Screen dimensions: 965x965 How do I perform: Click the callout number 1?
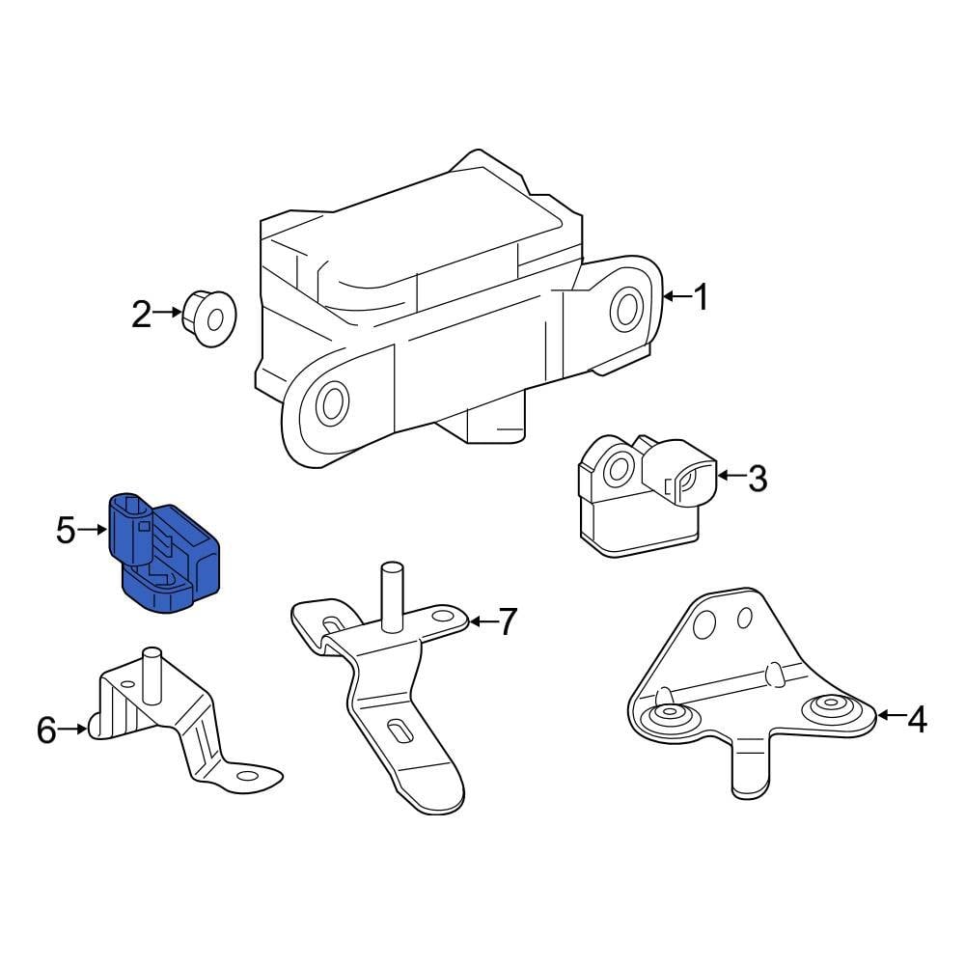(701, 297)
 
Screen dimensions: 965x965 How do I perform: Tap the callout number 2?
(142, 314)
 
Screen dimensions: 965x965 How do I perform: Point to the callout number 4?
(916, 718)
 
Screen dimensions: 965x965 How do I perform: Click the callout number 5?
(66, 530)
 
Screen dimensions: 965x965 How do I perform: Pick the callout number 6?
(46, 731)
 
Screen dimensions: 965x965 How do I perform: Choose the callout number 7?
(508, 622)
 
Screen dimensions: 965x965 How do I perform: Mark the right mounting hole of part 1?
(626, 309)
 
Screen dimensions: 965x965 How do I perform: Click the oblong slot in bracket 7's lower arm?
(398, 731)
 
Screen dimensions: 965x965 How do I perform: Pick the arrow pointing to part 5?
(94, 530)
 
